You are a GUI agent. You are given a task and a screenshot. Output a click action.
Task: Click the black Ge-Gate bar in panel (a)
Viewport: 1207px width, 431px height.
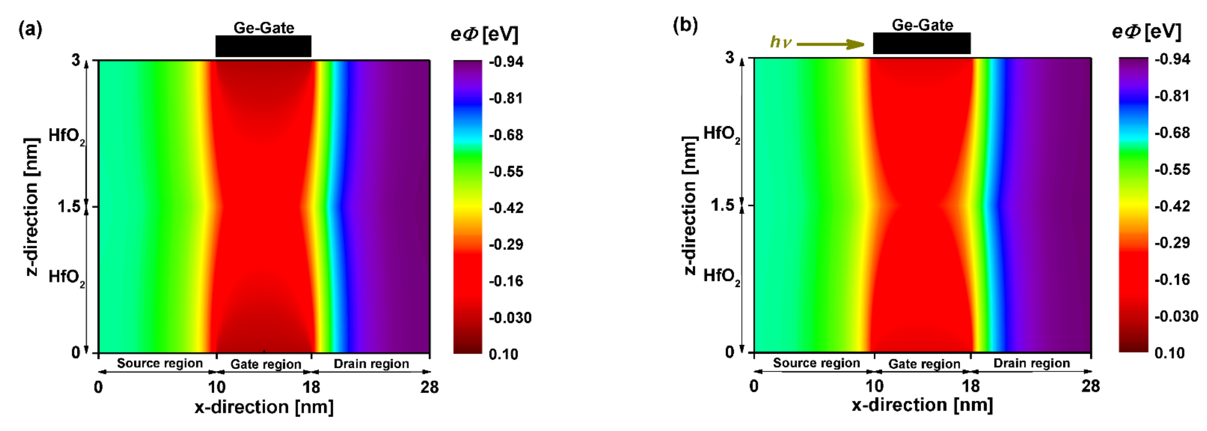click(x=263, y=46)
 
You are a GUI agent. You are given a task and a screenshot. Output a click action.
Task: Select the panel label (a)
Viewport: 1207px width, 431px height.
click(x=30, y=29)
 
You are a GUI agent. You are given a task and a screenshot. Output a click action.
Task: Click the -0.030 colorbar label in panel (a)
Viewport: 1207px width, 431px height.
click(x=510, y=317)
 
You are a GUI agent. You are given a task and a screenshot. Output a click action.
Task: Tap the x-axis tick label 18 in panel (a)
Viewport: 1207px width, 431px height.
click(x=311, y=387)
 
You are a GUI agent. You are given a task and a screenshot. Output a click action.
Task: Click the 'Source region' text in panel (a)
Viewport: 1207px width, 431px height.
click(x=160, y=363)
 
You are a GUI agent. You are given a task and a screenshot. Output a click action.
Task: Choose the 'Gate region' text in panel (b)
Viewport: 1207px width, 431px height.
click(x=924, y=364)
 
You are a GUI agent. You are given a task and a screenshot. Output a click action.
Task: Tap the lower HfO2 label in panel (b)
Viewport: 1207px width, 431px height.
click(x=721, y=276)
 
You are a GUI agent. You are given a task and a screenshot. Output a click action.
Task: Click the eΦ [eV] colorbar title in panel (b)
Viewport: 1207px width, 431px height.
click(x=1146, y=32)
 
